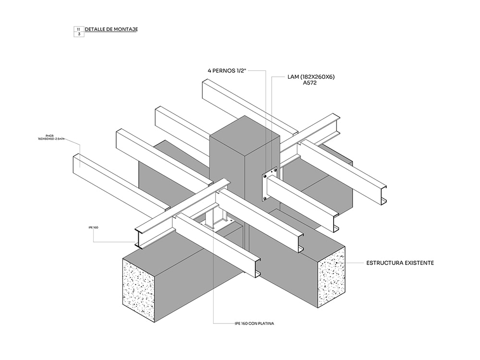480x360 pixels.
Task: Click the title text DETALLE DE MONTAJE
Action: [x=111, y=29]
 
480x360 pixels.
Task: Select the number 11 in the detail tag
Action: [x=78, y=29]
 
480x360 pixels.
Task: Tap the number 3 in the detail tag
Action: [x=78, y=35]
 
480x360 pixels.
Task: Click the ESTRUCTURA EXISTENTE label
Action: [x=400, y=263]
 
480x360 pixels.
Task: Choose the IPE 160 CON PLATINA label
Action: [x=254, y=324]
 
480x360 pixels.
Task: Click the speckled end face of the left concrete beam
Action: [x=138, y=290]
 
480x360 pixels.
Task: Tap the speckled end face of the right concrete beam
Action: [x=331, y=277]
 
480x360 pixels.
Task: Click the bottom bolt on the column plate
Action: [x=264, y=198]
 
